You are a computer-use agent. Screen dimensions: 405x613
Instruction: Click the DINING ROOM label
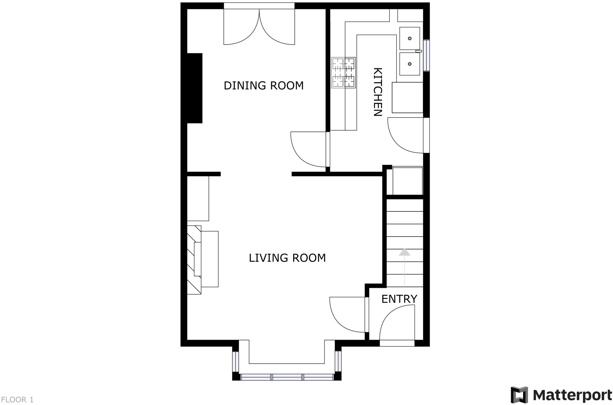pyautogui.click(x=264, y=86)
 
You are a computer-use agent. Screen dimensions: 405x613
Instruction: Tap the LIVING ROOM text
pyautogui.click(x=287, y=258)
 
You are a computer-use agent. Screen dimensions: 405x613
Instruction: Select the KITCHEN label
pyautogui.click(x=377, y=92)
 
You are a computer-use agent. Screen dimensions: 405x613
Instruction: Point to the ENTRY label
pyautogui.click(x=399, y=299)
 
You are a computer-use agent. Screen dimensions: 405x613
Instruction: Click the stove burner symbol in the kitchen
pyautogui.click(x=343, y=73)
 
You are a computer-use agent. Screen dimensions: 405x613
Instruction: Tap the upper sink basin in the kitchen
pyautogui.click(x=410, y=38)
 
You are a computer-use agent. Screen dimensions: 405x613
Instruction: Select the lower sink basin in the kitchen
pyautogui.click(x=410, y=64)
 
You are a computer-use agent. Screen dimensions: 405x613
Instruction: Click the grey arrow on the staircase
pyautogui.click(x=404, y=252)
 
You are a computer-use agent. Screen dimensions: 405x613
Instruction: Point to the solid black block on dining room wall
pyautogui.click(x=195, y=88)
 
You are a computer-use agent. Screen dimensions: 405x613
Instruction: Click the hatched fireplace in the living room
pyautogui.click(x=194, y=260)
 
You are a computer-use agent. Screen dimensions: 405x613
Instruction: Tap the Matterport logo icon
pyautogui.click(x=519, y=395)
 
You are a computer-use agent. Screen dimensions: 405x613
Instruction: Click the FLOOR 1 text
pyautogui.click(x=17, y=400)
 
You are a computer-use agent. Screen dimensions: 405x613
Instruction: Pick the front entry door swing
pyautogui.click(x=397, y=325)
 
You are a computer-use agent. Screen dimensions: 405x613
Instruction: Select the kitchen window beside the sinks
pyautogui.click(x=427, y=55)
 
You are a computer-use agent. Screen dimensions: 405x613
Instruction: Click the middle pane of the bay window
pyautogui.click(x=287, y=377)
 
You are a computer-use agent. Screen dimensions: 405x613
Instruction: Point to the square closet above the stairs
pyautogui.click(x=407, y=181)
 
